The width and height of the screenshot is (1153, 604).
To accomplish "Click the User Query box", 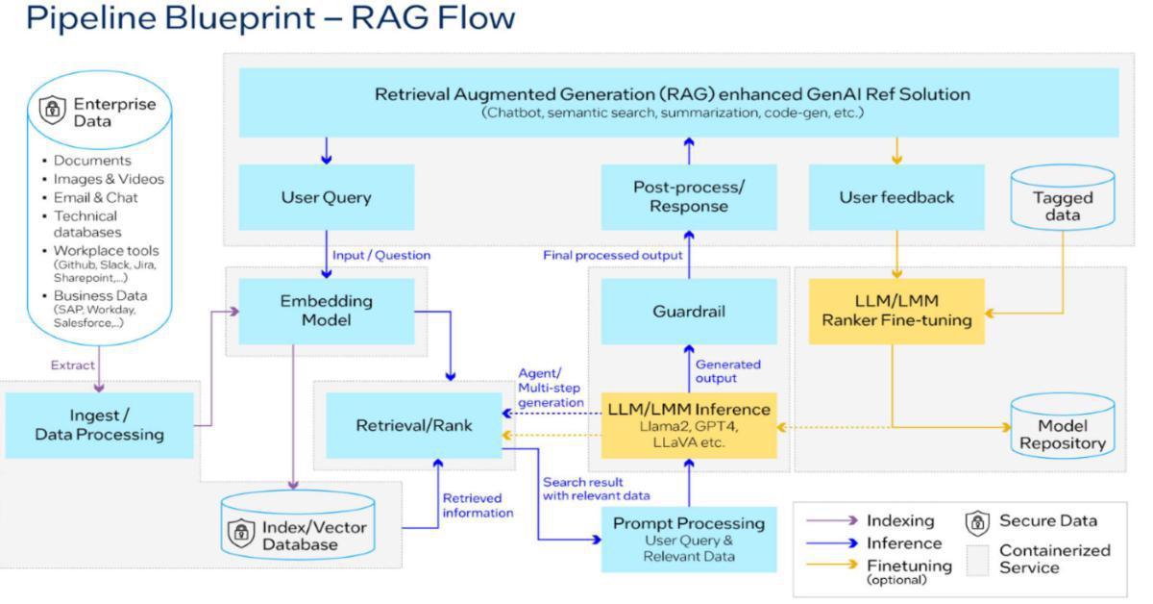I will pos(327,197).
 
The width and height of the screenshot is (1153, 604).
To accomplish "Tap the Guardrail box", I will pos(689,312).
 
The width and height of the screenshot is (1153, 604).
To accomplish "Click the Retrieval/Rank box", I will pos(414,424).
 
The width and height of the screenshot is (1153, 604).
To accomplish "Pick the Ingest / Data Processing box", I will pos(99,425).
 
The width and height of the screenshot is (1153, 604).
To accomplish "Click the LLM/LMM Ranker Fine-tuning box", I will pos(896,312).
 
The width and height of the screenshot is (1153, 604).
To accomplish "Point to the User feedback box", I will pos(896,197).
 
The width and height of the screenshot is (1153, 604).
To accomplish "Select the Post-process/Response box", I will pos(689,197).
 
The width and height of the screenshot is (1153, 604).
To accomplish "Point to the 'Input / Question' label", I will pos(381,255).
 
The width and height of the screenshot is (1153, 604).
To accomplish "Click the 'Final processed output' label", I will pos(612,255).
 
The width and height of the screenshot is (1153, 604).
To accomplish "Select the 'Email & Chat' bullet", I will pos(96,197).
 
